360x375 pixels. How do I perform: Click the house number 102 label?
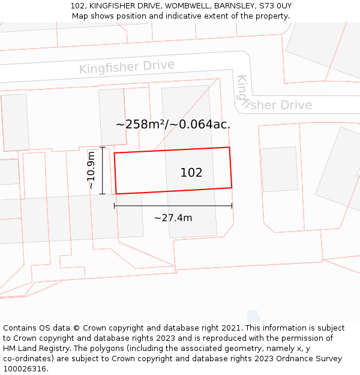coord(191,173)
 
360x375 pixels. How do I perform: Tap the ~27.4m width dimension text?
coord(173,218)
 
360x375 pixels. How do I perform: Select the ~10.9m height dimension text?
coord(91,170)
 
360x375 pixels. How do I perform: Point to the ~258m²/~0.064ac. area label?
coord(173,125)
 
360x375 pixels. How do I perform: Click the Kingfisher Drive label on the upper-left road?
coord(127,67)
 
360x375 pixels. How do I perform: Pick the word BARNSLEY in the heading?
coord(229,6)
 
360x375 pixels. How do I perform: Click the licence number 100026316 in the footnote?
coord(25,369)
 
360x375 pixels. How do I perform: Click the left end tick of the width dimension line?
coord(115,206)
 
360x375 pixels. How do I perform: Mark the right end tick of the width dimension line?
coord(232,206)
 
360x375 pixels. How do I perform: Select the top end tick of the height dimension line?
coord(103,147)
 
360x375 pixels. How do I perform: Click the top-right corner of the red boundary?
coord(229,147)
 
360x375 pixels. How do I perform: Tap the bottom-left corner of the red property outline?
coord(116,194)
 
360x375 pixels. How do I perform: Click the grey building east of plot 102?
coord(280,169)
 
